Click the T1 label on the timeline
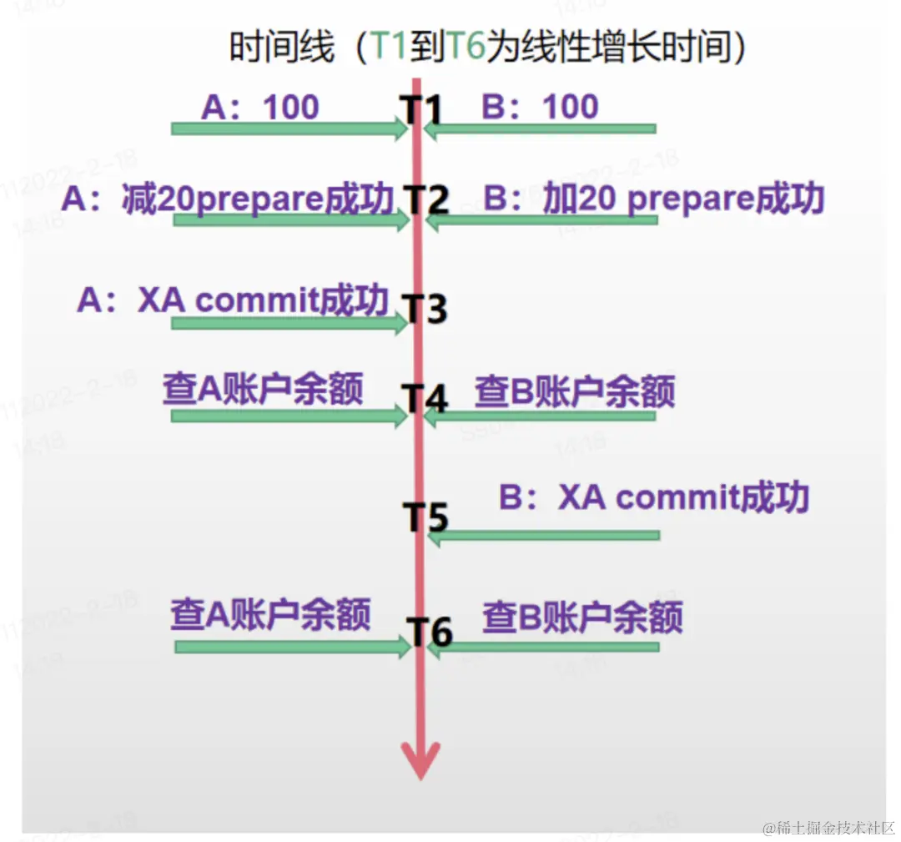(419, 109)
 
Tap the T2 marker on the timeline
(426, 201)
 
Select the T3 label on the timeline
(426, 307)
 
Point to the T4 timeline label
(426, 398)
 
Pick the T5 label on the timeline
(426, 517)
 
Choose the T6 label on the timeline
(430, 632)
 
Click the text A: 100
(260, 107)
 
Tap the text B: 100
(541, 107)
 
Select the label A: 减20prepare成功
(227, 199)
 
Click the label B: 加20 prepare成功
(654, 199)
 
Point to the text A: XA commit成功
(233, 300)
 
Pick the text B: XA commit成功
(654, 498)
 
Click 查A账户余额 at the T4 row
(263, 389)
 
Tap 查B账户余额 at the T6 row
(582, 618)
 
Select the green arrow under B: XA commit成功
(542, 535)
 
